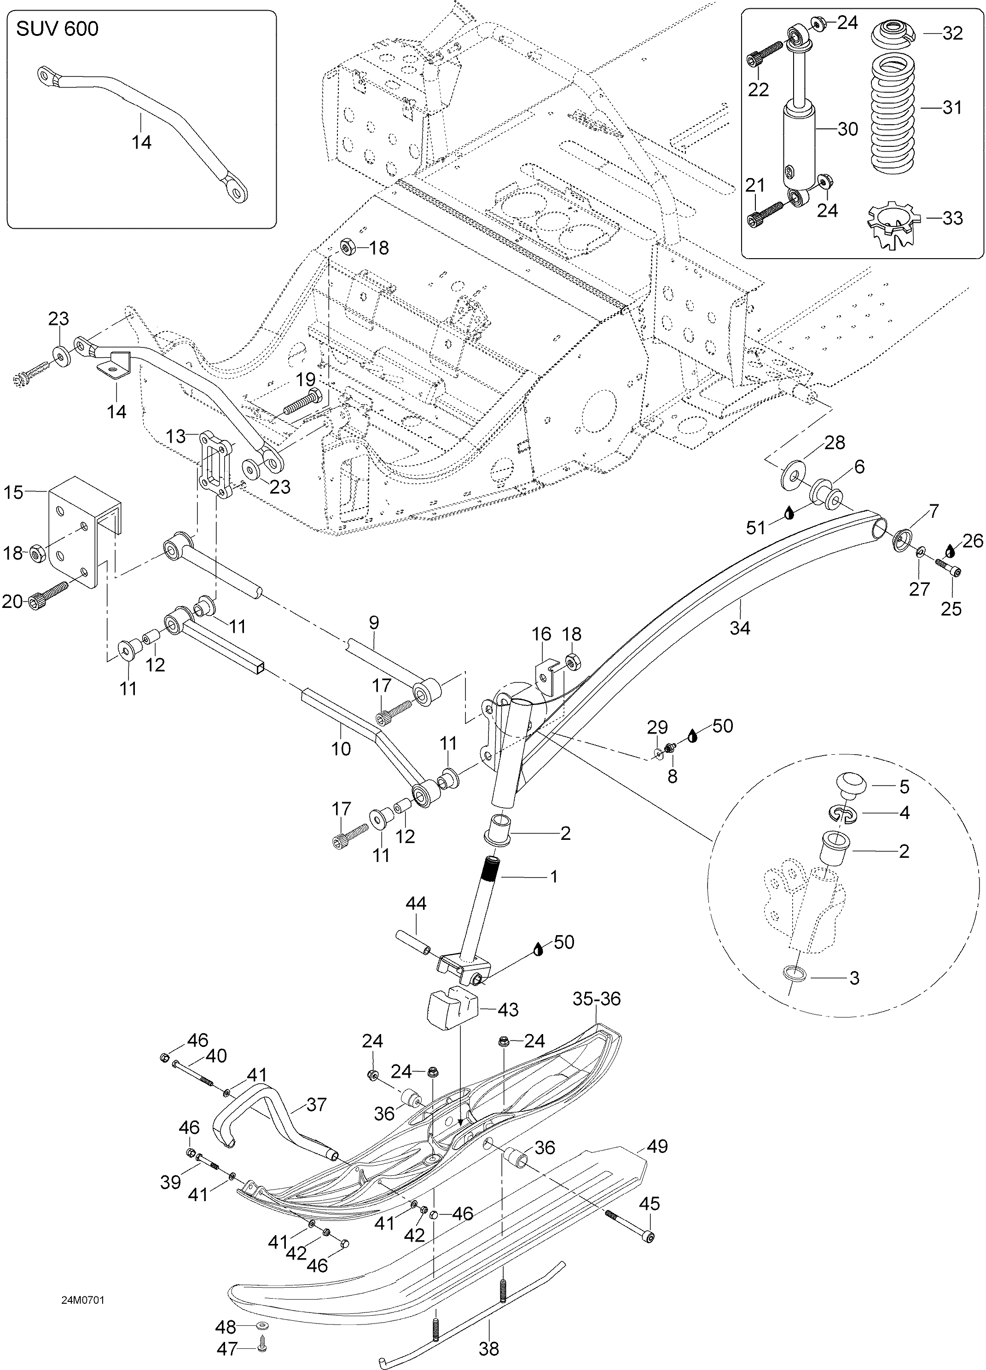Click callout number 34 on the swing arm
739,628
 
